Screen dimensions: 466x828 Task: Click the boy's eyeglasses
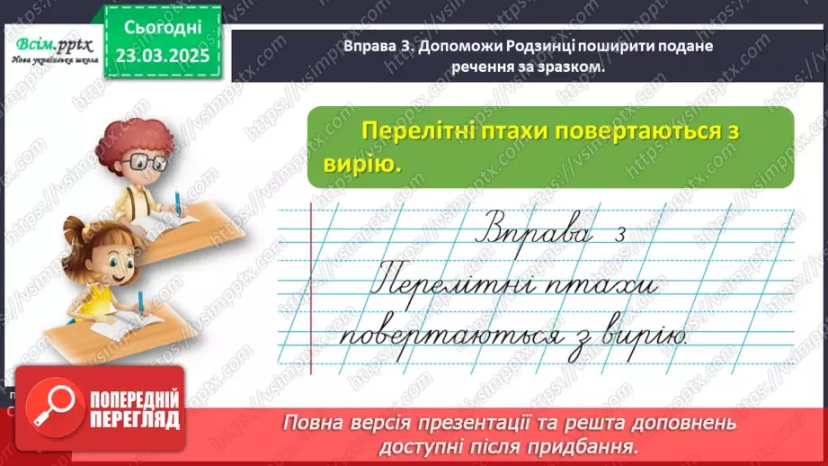pyautogui.click(x=149, y=163)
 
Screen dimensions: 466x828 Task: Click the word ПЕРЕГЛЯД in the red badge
pyautogui.click(x=135, y=419)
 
